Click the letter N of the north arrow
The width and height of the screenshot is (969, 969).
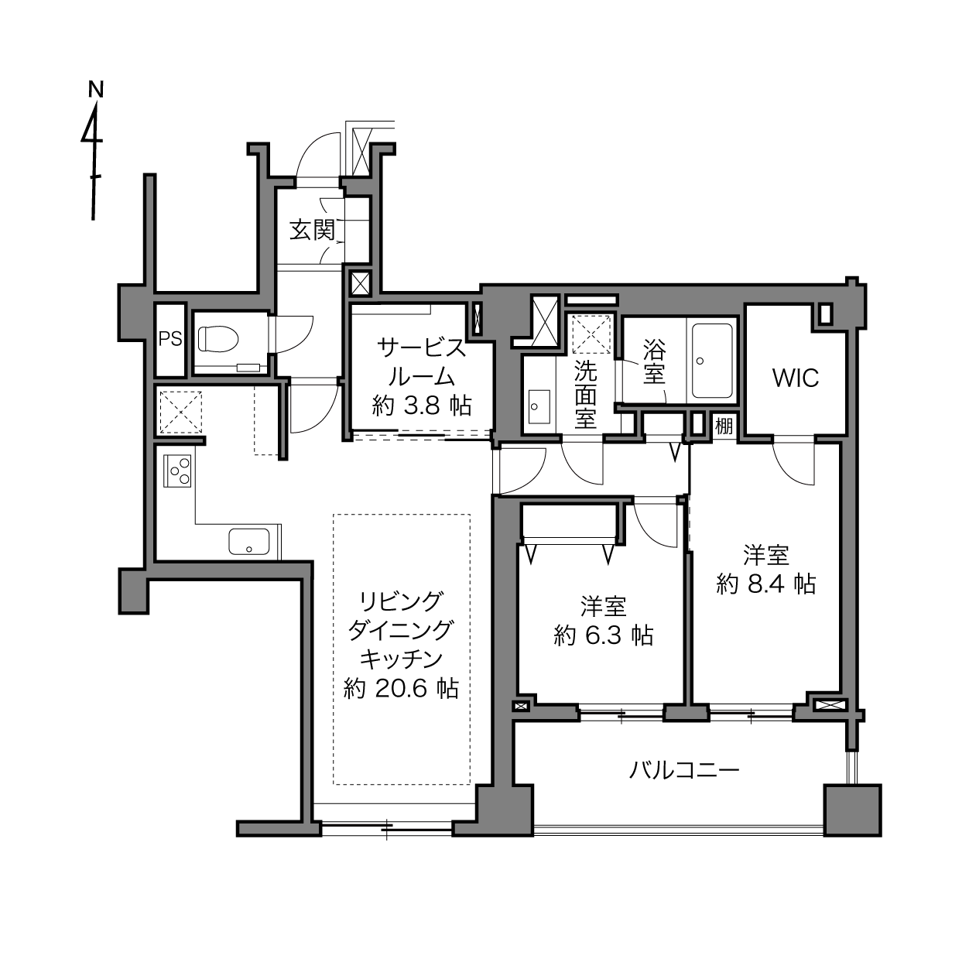pos(96,89)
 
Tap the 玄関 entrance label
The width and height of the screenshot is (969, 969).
pos(312,231)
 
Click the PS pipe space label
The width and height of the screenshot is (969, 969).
pos(170,339)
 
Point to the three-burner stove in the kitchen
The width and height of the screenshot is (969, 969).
pos(177,471)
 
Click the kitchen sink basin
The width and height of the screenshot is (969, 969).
pos(249,542)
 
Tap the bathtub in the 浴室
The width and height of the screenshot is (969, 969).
pos(712,361)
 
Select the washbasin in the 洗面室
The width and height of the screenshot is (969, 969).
pos(539,406)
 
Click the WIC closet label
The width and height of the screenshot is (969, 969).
pos(796,378)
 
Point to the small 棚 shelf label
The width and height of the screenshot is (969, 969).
pos(724,426)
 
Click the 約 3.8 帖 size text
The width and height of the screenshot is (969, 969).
pos(422,406)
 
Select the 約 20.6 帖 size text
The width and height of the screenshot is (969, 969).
pos(401,688)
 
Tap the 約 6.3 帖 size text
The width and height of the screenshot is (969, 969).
pos(604,636)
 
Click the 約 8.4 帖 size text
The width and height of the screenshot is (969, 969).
pos(766,584)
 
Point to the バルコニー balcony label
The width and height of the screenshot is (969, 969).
pos(684,770)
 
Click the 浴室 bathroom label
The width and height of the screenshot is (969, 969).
pos(654,361)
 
